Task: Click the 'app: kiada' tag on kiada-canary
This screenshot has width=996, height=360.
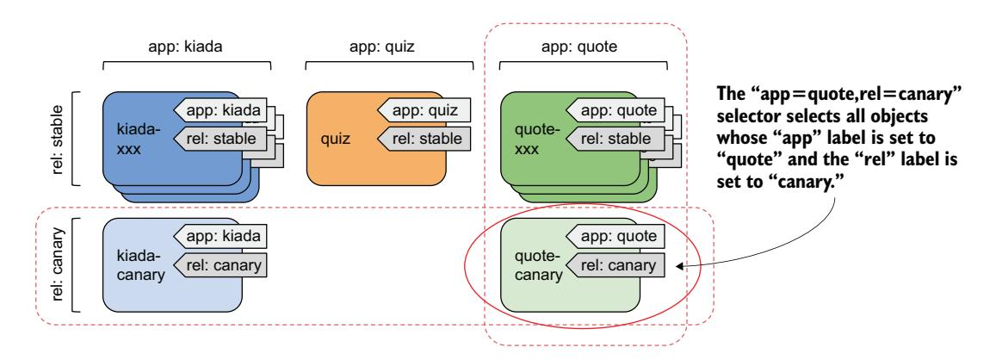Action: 221,234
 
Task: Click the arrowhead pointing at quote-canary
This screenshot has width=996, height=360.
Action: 680,266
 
